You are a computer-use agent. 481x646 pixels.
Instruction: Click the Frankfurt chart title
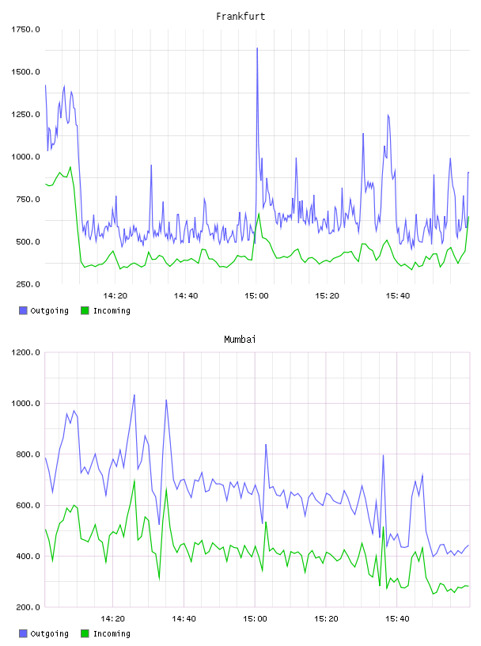tap(240, 17)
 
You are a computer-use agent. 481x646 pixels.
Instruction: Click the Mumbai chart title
tap(240, 340)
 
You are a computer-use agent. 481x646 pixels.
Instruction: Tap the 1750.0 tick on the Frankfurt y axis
tap(25, 29)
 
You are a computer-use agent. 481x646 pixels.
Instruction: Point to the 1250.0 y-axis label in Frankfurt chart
tap(25, 115)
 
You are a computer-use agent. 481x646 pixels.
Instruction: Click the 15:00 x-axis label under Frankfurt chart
tap(256, 296)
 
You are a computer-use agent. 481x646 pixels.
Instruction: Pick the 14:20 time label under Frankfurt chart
tap(115, 296)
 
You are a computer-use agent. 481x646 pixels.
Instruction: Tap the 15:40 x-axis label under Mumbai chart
tap(397, 619)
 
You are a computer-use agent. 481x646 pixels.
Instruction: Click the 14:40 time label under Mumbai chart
tap(184, 619)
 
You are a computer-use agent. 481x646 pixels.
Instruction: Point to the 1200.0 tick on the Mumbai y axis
tap(25, 352)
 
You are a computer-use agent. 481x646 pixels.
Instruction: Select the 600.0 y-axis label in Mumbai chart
tap(28, 506)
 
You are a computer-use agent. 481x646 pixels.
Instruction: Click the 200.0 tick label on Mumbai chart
tap(28, 607)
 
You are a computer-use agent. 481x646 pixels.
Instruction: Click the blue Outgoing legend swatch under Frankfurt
tap(23, 310)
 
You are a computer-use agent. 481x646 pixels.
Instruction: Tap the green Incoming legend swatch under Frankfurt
tap(85, 310)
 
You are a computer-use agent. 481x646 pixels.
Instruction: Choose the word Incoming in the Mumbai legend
tap(112, 634)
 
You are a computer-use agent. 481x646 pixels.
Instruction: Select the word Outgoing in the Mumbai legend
tap(49, 634)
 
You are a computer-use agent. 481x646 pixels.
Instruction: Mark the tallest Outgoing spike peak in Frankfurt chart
tap(257, 48)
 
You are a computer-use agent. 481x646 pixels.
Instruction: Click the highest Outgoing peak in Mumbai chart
tap(134, 395)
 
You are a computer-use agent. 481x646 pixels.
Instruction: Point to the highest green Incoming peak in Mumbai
tap(134, 480)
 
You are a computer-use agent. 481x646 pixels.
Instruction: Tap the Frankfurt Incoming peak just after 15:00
tap(259, 214)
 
